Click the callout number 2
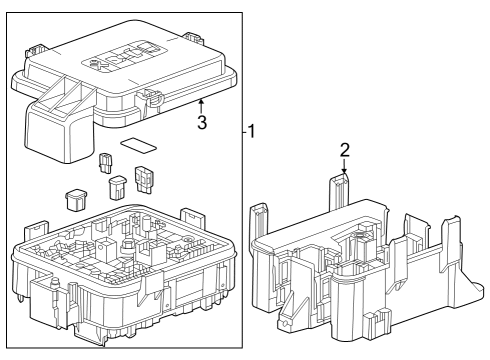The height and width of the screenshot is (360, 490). (x=343, y=150)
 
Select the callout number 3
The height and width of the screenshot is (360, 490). (x=202, y=123)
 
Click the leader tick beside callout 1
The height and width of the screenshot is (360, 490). (x=245, y=131)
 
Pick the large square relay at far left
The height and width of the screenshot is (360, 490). (x=73, y=198)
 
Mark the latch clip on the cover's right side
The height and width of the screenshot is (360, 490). (x=154, y=98)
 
